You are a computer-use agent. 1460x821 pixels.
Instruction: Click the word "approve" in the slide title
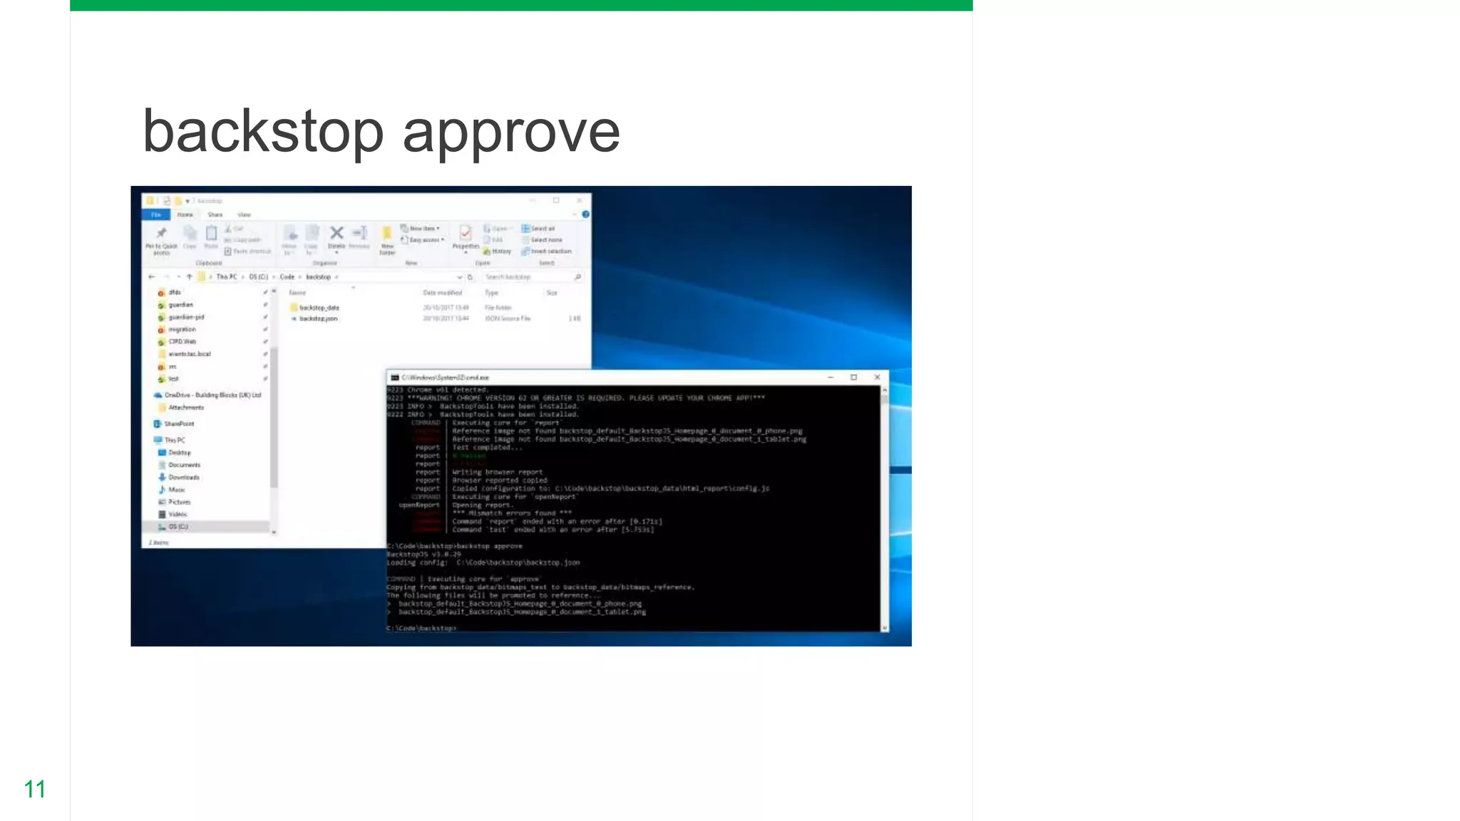point(511,133)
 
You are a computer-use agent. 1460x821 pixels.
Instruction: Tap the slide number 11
point(34,789)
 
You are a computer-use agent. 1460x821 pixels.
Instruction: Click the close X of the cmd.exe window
point(877,377)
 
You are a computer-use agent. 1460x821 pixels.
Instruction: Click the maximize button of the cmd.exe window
point(853,377)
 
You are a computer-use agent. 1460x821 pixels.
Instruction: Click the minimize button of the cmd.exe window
point(831,377)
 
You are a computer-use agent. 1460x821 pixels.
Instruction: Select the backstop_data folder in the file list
point(319,308)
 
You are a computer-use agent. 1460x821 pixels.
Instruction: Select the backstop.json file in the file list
point(318,319)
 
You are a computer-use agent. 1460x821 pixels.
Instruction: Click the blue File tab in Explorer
point(156,215)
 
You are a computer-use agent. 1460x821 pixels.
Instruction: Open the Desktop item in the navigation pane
point(179,453)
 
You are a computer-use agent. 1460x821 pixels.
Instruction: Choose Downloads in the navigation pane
point(183,477)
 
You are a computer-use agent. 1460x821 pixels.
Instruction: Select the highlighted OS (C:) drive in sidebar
point(178,527)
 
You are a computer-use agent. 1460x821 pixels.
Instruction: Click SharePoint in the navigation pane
point(178,424)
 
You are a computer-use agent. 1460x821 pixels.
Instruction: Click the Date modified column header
point(442,293)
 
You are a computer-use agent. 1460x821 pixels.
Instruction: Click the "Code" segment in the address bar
point(287,277)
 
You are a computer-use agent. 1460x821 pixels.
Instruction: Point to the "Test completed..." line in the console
point(486,448)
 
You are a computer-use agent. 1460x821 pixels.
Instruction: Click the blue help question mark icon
point(585,215)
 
